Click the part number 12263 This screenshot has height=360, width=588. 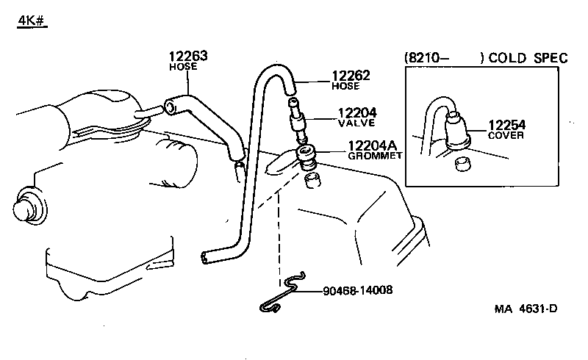click(188, 55)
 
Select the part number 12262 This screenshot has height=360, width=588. click(351, 75)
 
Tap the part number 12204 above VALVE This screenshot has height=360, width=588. click(357, 113)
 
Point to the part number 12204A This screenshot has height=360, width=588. click(361, 145)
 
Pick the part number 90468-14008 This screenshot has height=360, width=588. click(357, 290)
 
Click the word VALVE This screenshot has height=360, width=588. click(356, 124)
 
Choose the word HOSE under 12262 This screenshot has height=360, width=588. click(346, 86)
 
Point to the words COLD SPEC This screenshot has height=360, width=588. click(528, 58)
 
